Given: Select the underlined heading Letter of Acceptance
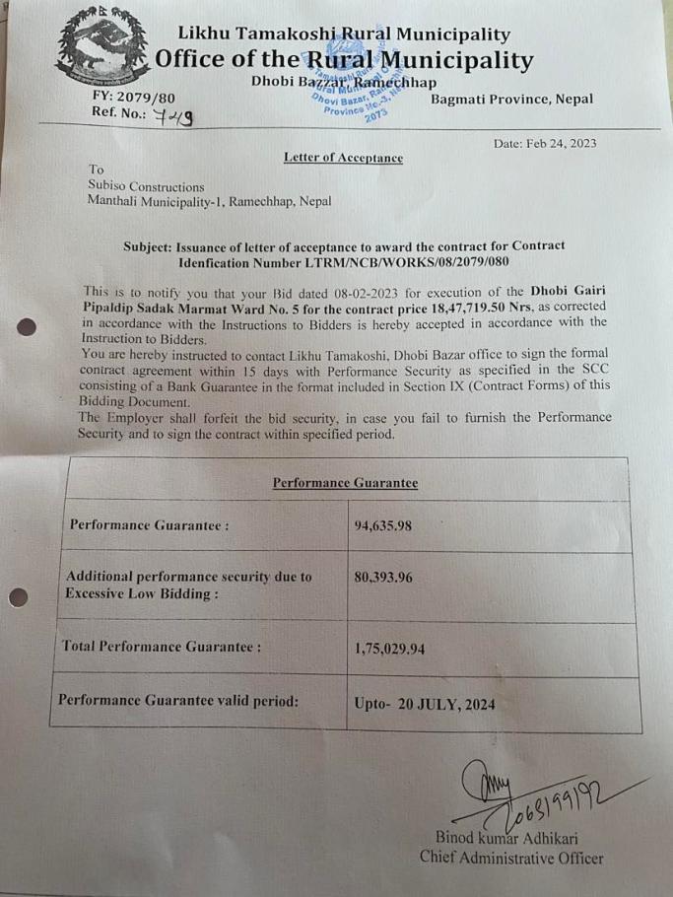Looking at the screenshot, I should pos(343,158).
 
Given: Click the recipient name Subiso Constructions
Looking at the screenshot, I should pos(147,185).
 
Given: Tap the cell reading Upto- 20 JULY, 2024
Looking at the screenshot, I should pos(424,705).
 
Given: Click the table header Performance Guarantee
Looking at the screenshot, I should pos(344,482).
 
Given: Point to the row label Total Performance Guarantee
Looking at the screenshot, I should pos(162,647).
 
